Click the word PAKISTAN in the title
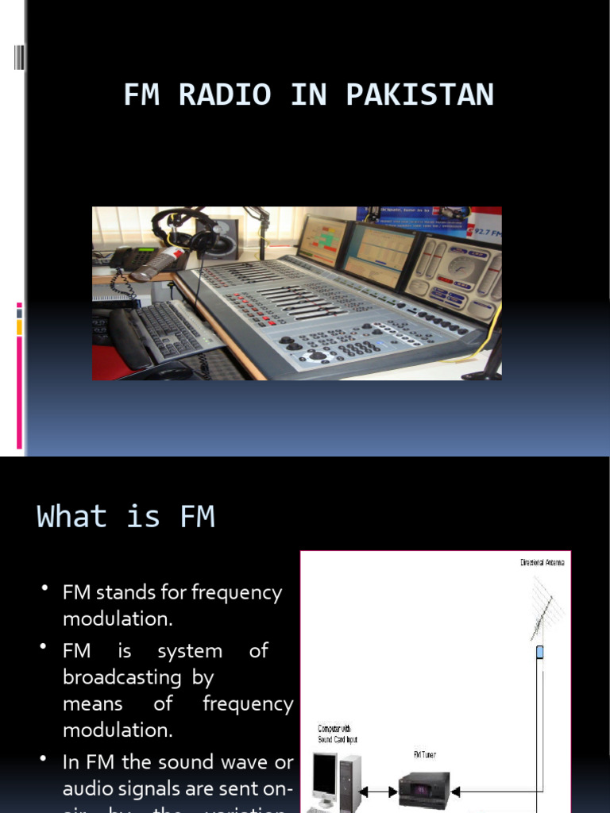[x=419, y=95]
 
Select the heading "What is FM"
[x=125, y=517]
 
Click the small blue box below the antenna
[x=539, y=652]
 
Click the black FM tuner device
[x=423, y=789]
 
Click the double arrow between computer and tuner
[x=380, y=792]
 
